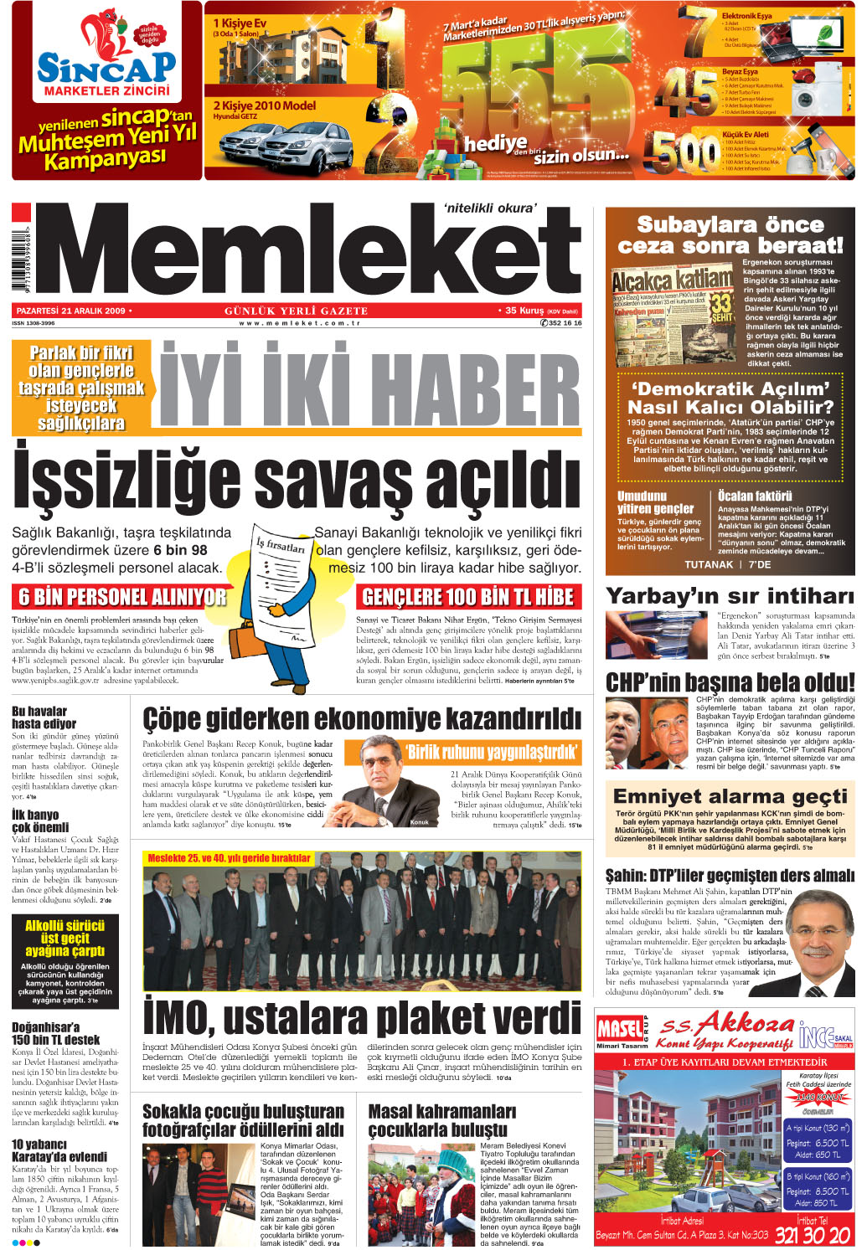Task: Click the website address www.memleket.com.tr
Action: (x=299, y=323)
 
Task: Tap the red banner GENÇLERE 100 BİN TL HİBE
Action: (x=468, y=597)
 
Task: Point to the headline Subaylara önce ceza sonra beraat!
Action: (x=730, y=235)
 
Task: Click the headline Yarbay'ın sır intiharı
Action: (x=730, y=596)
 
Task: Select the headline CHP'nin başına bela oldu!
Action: (x=730, y=682)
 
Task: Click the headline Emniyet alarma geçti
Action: (x=730, y=795)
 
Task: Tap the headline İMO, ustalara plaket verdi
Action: (x=362, y=1018)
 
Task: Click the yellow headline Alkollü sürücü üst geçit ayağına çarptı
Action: (x=65, y=939)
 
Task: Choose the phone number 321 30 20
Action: (x=813, y=1235)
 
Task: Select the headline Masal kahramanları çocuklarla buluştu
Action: (x=442, y=1120)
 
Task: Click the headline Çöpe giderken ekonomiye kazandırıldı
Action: (x=361, y=718)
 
